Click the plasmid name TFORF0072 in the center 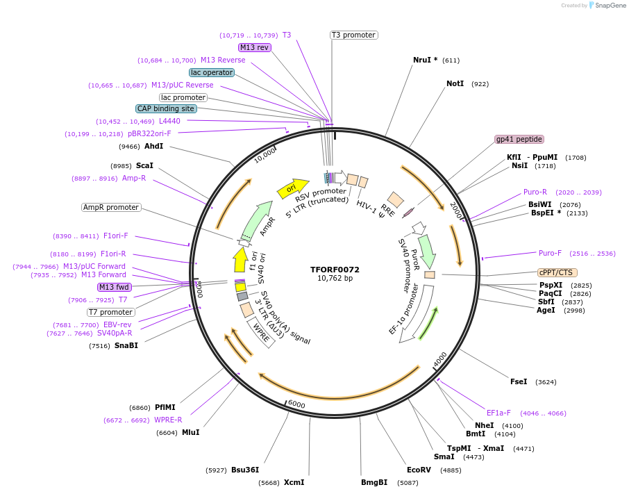pos(335,269)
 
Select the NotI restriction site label pos(455,83)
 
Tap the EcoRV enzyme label pos(419,470)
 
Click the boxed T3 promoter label pos(353,35)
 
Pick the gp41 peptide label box pos(519,139)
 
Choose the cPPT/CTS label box pos(557,272)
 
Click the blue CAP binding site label pos(166,108)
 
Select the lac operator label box pos(212,72)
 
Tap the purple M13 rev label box pos(254,47)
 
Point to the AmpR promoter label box pos(111,207)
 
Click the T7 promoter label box pos(110,312)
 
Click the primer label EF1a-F pos(498,412)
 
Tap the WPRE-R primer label pos(168,420)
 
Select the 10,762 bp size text pos(335,279)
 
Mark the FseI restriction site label pos(519,381)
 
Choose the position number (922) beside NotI pos(480,84)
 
